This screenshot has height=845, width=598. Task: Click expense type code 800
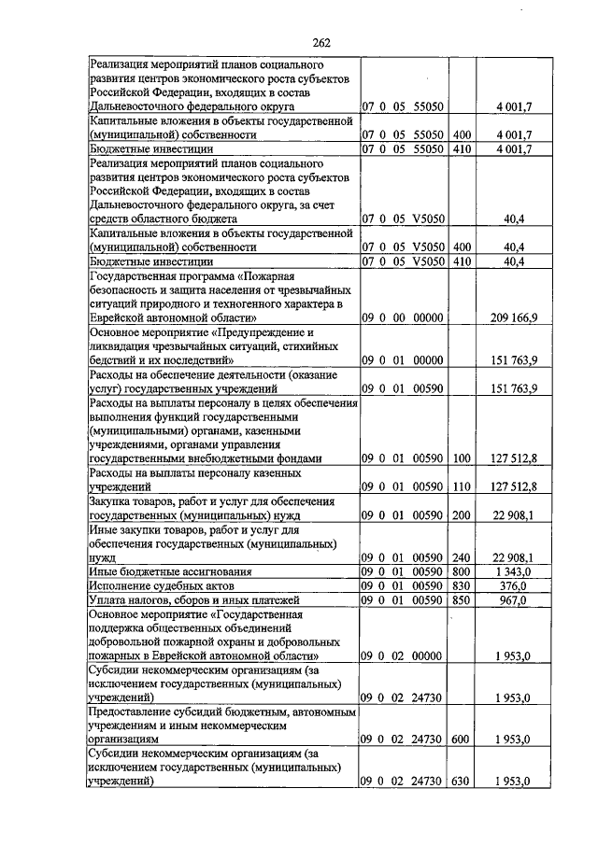462,570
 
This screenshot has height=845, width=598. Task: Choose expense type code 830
462,584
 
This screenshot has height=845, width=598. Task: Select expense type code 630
462,781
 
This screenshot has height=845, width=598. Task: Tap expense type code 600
462,739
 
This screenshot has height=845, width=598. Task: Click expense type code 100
462,458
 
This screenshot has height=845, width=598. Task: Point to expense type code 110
462,486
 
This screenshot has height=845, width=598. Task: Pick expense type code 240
462,556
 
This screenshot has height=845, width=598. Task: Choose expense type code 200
462,514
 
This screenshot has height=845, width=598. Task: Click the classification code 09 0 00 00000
403,318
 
